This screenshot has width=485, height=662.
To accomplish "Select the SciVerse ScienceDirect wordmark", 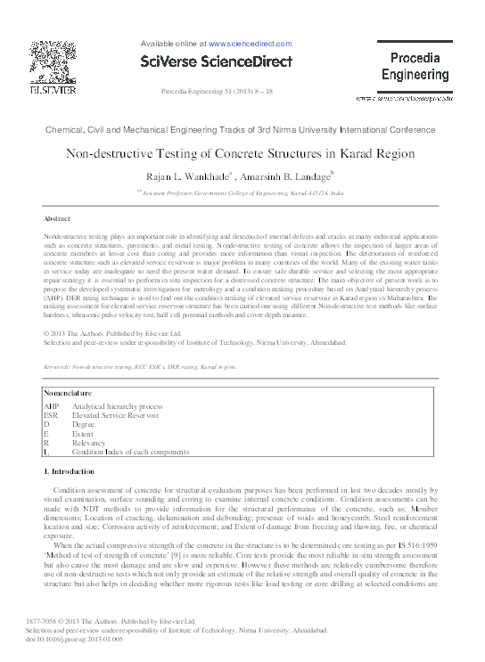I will (x=217, y=61).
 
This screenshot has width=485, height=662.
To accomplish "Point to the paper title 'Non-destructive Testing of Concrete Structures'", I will (x=241, y=153).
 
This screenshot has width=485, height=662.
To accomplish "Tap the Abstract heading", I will (x=58, y=218).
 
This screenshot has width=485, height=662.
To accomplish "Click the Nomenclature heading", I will (x=71, y=392).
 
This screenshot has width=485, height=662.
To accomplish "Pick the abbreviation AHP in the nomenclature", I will (x=52, y=405).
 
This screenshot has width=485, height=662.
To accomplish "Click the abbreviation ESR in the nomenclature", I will (x=51, y=415).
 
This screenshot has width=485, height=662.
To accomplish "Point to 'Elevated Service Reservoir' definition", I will (x=116, y=415).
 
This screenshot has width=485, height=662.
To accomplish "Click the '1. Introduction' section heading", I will (x=76, y=470).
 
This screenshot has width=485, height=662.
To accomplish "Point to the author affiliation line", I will (x=241, y=191).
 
